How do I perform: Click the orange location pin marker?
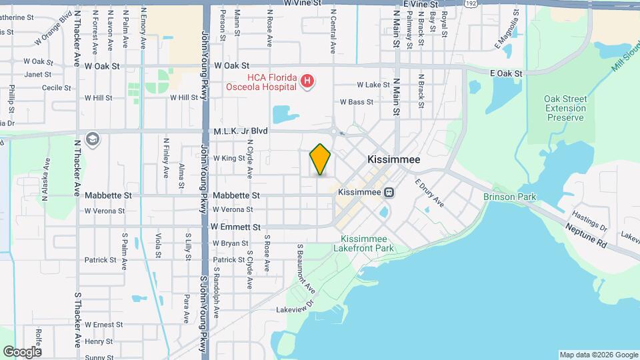click(321, 159)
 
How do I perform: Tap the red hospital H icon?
click(307, 81)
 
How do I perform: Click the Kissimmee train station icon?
click(389, 192)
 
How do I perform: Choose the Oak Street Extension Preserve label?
click(565, 108)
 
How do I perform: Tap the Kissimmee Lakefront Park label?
click(367, 243)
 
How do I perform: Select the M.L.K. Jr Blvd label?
click(241, 131)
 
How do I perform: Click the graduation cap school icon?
click(93, 138)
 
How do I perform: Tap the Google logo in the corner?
click(21, 351)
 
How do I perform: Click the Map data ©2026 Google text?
click(598, 355)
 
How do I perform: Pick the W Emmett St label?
click(235, 227)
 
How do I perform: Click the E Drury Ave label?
click(430, 193)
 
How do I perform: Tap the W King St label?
click(229, 158)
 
